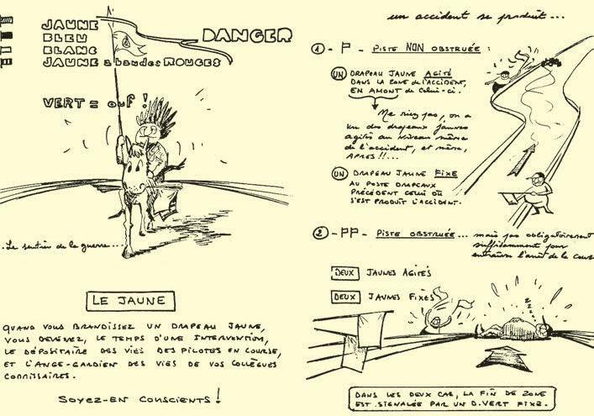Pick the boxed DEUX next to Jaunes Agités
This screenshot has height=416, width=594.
340,272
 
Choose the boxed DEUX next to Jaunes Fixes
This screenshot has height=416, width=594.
340,296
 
